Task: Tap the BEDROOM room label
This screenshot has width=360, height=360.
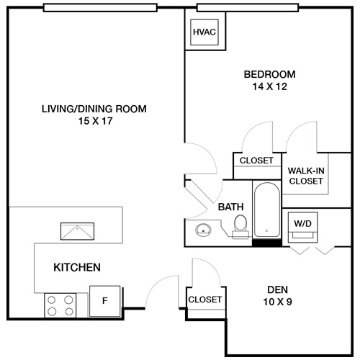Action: (269, 74)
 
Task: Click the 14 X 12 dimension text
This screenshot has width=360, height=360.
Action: (269, 87)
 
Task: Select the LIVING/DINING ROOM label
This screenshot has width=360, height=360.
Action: (94, 109)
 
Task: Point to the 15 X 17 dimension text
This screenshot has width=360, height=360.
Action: (94, 122)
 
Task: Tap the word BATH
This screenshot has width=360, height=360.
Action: (230, 207)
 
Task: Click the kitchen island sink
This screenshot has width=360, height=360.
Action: (77, 231)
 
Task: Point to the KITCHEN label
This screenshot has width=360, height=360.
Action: (77, 268)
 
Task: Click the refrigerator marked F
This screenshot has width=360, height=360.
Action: (104, 300)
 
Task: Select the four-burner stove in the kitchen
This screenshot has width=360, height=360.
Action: (61, 305)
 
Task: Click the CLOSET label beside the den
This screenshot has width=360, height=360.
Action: (205, 300)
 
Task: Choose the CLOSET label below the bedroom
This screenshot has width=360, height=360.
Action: (257, 161)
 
